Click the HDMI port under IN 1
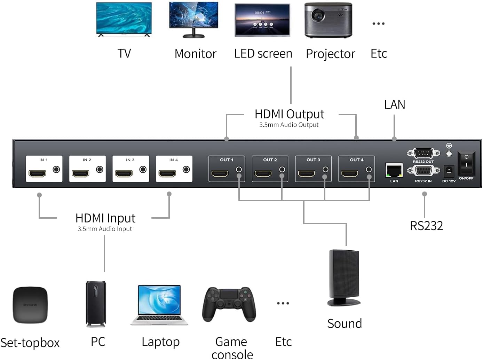point(37,173)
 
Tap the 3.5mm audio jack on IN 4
point(186,170)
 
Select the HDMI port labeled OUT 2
point(263,173)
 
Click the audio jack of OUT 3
point(325,170)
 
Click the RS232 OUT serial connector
point(423,153)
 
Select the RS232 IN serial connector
point(423,171)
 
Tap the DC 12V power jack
point(449,171)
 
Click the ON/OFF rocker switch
point(466,163)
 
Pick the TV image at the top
point(124,19)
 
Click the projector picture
point(328,20)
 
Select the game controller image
point(229,304)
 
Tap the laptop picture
point(159,305)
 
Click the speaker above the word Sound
point(344,277)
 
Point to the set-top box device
point(30,305)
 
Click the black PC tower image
point(96,304)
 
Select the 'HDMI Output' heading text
point(289,114)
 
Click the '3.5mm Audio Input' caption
point(105,229)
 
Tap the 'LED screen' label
point(263,54)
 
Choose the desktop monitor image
point(193,19)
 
